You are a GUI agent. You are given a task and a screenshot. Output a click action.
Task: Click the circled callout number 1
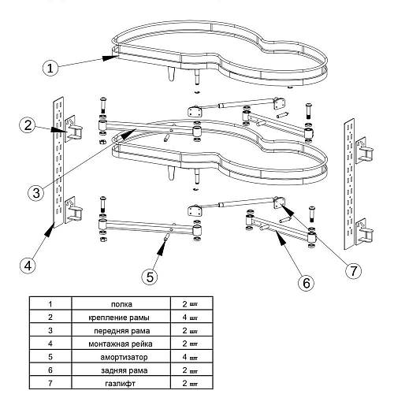(x=50, y=68)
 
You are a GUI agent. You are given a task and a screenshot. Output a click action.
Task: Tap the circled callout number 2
(x=28, y=125)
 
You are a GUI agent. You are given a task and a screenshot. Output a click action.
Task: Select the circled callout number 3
(x=36, y=193)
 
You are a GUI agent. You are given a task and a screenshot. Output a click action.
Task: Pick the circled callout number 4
(x=28, y=266)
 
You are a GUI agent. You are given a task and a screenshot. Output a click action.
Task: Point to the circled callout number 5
(x=150, y=277)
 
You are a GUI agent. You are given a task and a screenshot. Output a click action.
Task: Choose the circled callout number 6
(x=307, y=283)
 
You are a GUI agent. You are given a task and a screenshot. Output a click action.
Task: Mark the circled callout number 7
(x=353, y=270)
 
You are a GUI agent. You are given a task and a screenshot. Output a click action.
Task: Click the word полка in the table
(x=121, y=304)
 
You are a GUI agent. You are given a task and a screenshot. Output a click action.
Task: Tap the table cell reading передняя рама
(x=122, y=331)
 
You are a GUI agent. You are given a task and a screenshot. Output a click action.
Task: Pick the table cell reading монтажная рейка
(x=121, y=344)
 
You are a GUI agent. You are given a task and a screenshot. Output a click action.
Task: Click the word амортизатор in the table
(x=124, y=357)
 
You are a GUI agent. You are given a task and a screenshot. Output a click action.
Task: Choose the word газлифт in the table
(x=120, y=384)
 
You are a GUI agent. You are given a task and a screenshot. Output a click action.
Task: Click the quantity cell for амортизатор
(x=191, y=356)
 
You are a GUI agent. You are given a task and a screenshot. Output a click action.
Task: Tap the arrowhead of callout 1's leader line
(x=110, y=58)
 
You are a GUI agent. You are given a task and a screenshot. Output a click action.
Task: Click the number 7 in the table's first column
(x=50, y=383)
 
